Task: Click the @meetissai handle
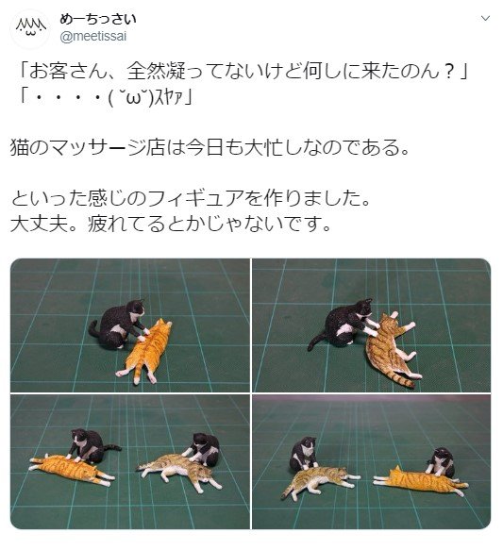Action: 93,37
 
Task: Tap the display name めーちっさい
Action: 98,19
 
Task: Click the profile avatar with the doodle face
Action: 31,28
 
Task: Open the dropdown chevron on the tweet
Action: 485,18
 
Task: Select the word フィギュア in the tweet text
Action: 195,198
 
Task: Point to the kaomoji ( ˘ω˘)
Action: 132,99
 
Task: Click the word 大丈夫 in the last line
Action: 39,224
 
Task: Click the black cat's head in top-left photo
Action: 136,308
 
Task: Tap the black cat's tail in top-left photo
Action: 93,329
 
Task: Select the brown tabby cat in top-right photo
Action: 391,349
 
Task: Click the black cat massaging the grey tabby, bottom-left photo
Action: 203,449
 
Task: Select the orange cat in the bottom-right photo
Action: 420,480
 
